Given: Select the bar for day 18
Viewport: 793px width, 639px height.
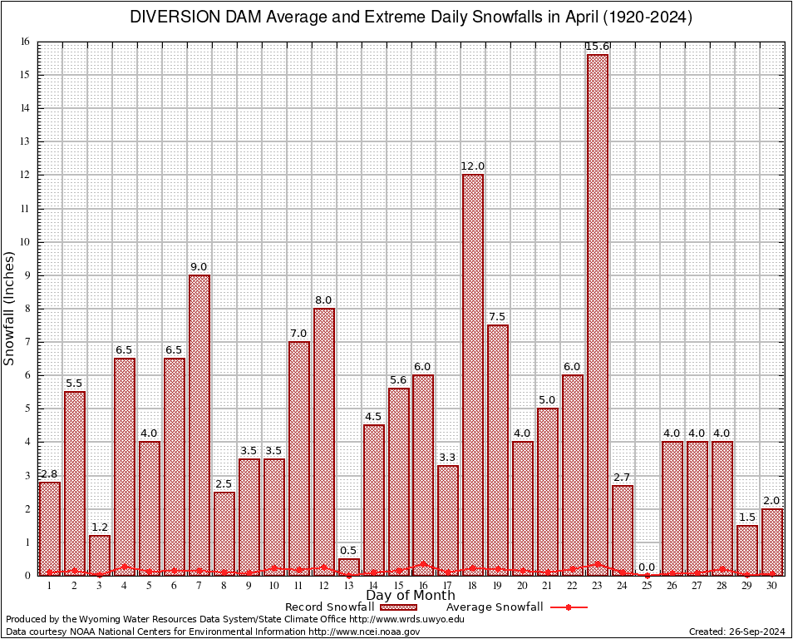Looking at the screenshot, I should (473, 374).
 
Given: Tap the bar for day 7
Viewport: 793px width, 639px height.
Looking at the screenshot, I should (199, 424).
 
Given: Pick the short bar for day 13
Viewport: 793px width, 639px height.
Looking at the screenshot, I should (349, 567).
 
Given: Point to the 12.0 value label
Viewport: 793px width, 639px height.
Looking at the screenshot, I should (473, 166).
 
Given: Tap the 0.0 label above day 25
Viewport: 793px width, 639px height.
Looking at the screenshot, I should (648, 567).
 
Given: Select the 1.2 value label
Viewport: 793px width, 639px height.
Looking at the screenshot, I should (100, 528).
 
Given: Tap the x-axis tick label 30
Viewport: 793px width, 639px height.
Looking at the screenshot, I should (772, 586).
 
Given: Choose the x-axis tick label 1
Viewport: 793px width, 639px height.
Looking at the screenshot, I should (50, 586).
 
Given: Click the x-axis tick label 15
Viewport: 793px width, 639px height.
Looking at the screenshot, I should (399, 586).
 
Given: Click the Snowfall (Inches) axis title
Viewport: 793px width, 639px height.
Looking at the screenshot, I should (10, 308).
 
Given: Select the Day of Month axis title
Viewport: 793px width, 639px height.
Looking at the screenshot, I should (410, 596).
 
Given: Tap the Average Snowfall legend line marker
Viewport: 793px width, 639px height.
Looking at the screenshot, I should (568, 607).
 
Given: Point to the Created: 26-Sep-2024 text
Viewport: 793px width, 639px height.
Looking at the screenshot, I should (736, 632).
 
